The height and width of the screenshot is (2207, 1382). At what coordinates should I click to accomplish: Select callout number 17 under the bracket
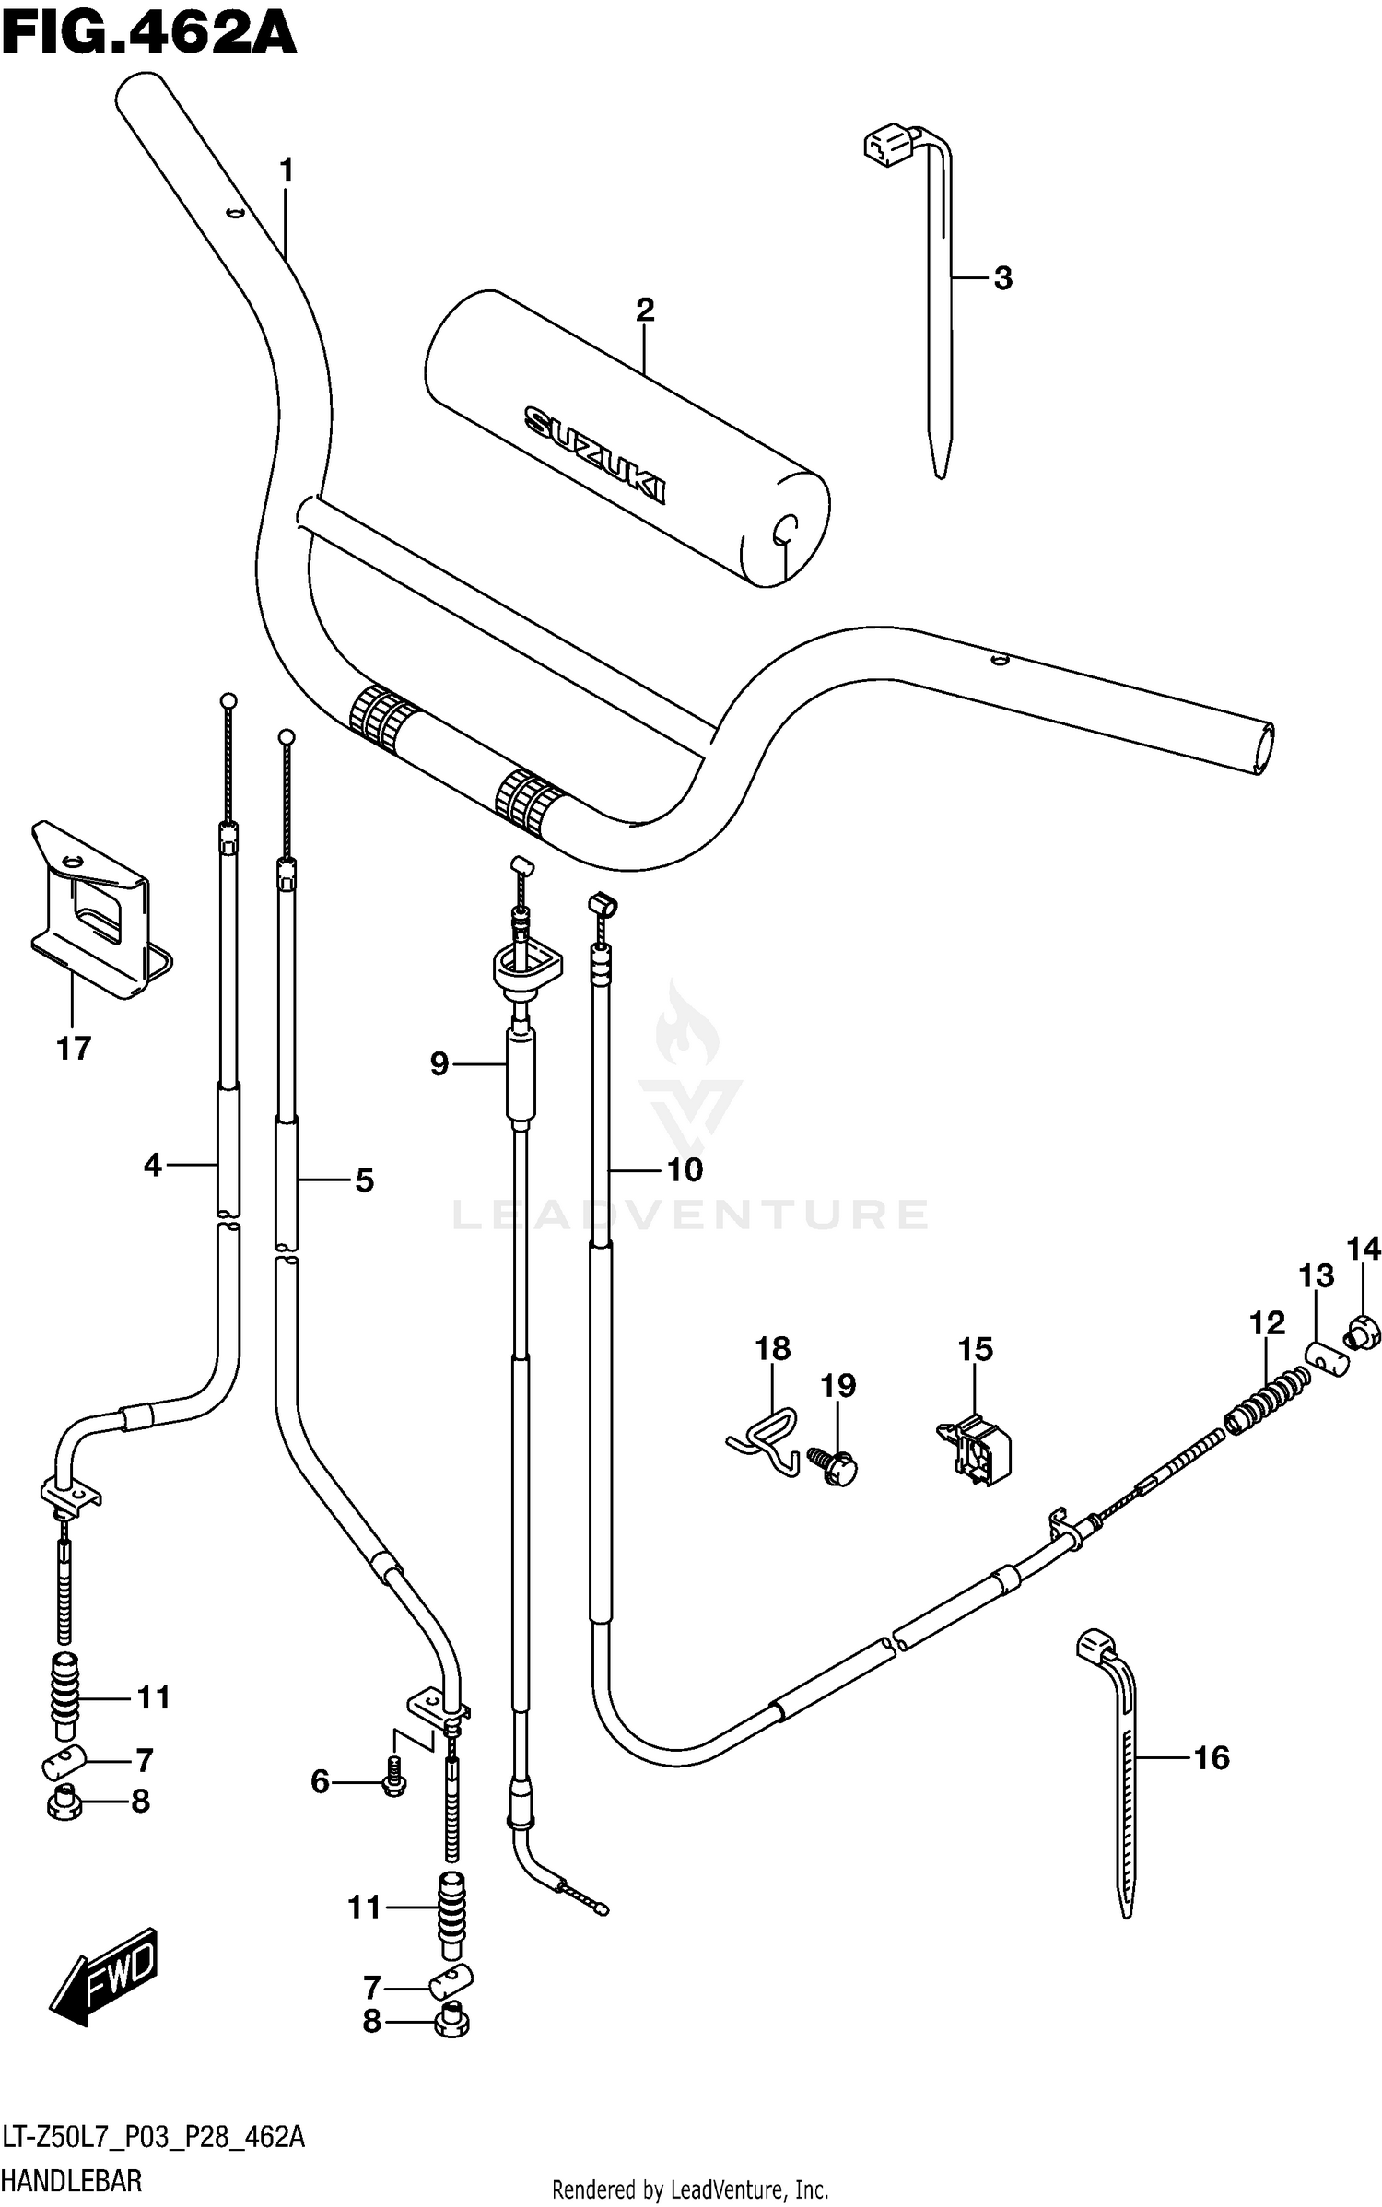(74, 1048)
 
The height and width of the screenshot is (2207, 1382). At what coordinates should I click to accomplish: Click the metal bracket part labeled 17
(92, 912)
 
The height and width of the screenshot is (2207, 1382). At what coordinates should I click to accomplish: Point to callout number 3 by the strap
(1002, 277)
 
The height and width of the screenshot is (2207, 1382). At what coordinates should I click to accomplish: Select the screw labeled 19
(836, 1464)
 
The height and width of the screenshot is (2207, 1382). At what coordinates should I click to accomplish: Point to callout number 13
(1316, 1276)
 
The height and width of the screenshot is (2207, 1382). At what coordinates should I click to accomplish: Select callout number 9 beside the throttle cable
(439, 1064)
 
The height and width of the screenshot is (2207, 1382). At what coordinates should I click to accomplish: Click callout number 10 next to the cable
(685, 1170)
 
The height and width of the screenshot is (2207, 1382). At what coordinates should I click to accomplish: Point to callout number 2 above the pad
(644, 310)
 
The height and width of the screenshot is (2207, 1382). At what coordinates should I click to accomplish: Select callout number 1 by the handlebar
(286, 170)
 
